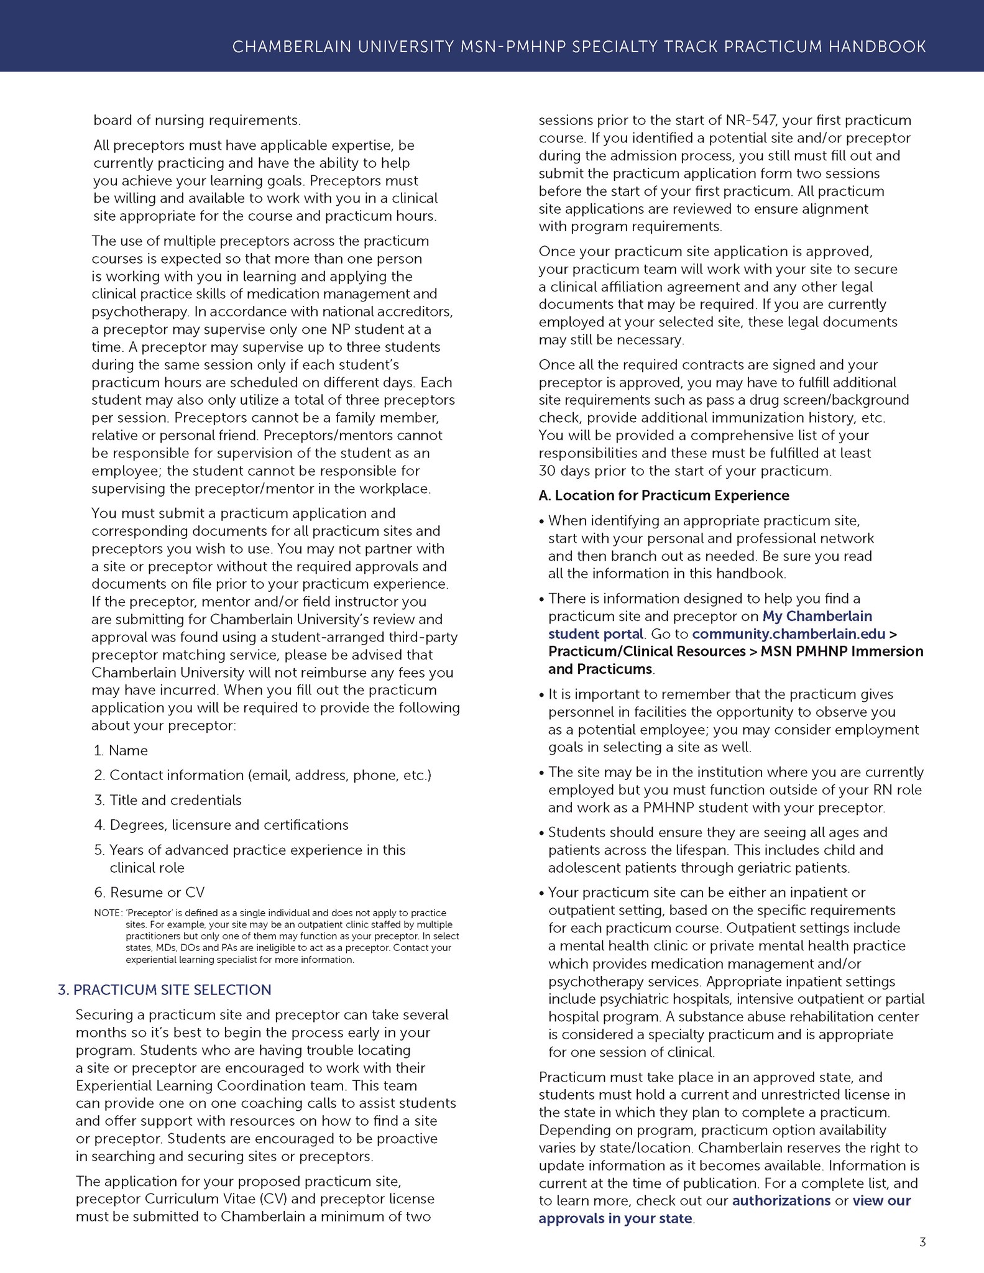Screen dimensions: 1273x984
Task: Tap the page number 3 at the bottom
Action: pyautogui.click(x=922, y=1243)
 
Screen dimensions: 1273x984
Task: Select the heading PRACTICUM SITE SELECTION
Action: pyautogui.click(x=172, y=990)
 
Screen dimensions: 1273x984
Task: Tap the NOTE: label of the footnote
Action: pyautogui.click(x=107, y=913)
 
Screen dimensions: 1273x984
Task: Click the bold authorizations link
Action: pyautogui.click(x=781, y=1200)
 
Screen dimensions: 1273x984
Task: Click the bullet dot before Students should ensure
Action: pyautogui.click(x=542, y=833)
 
